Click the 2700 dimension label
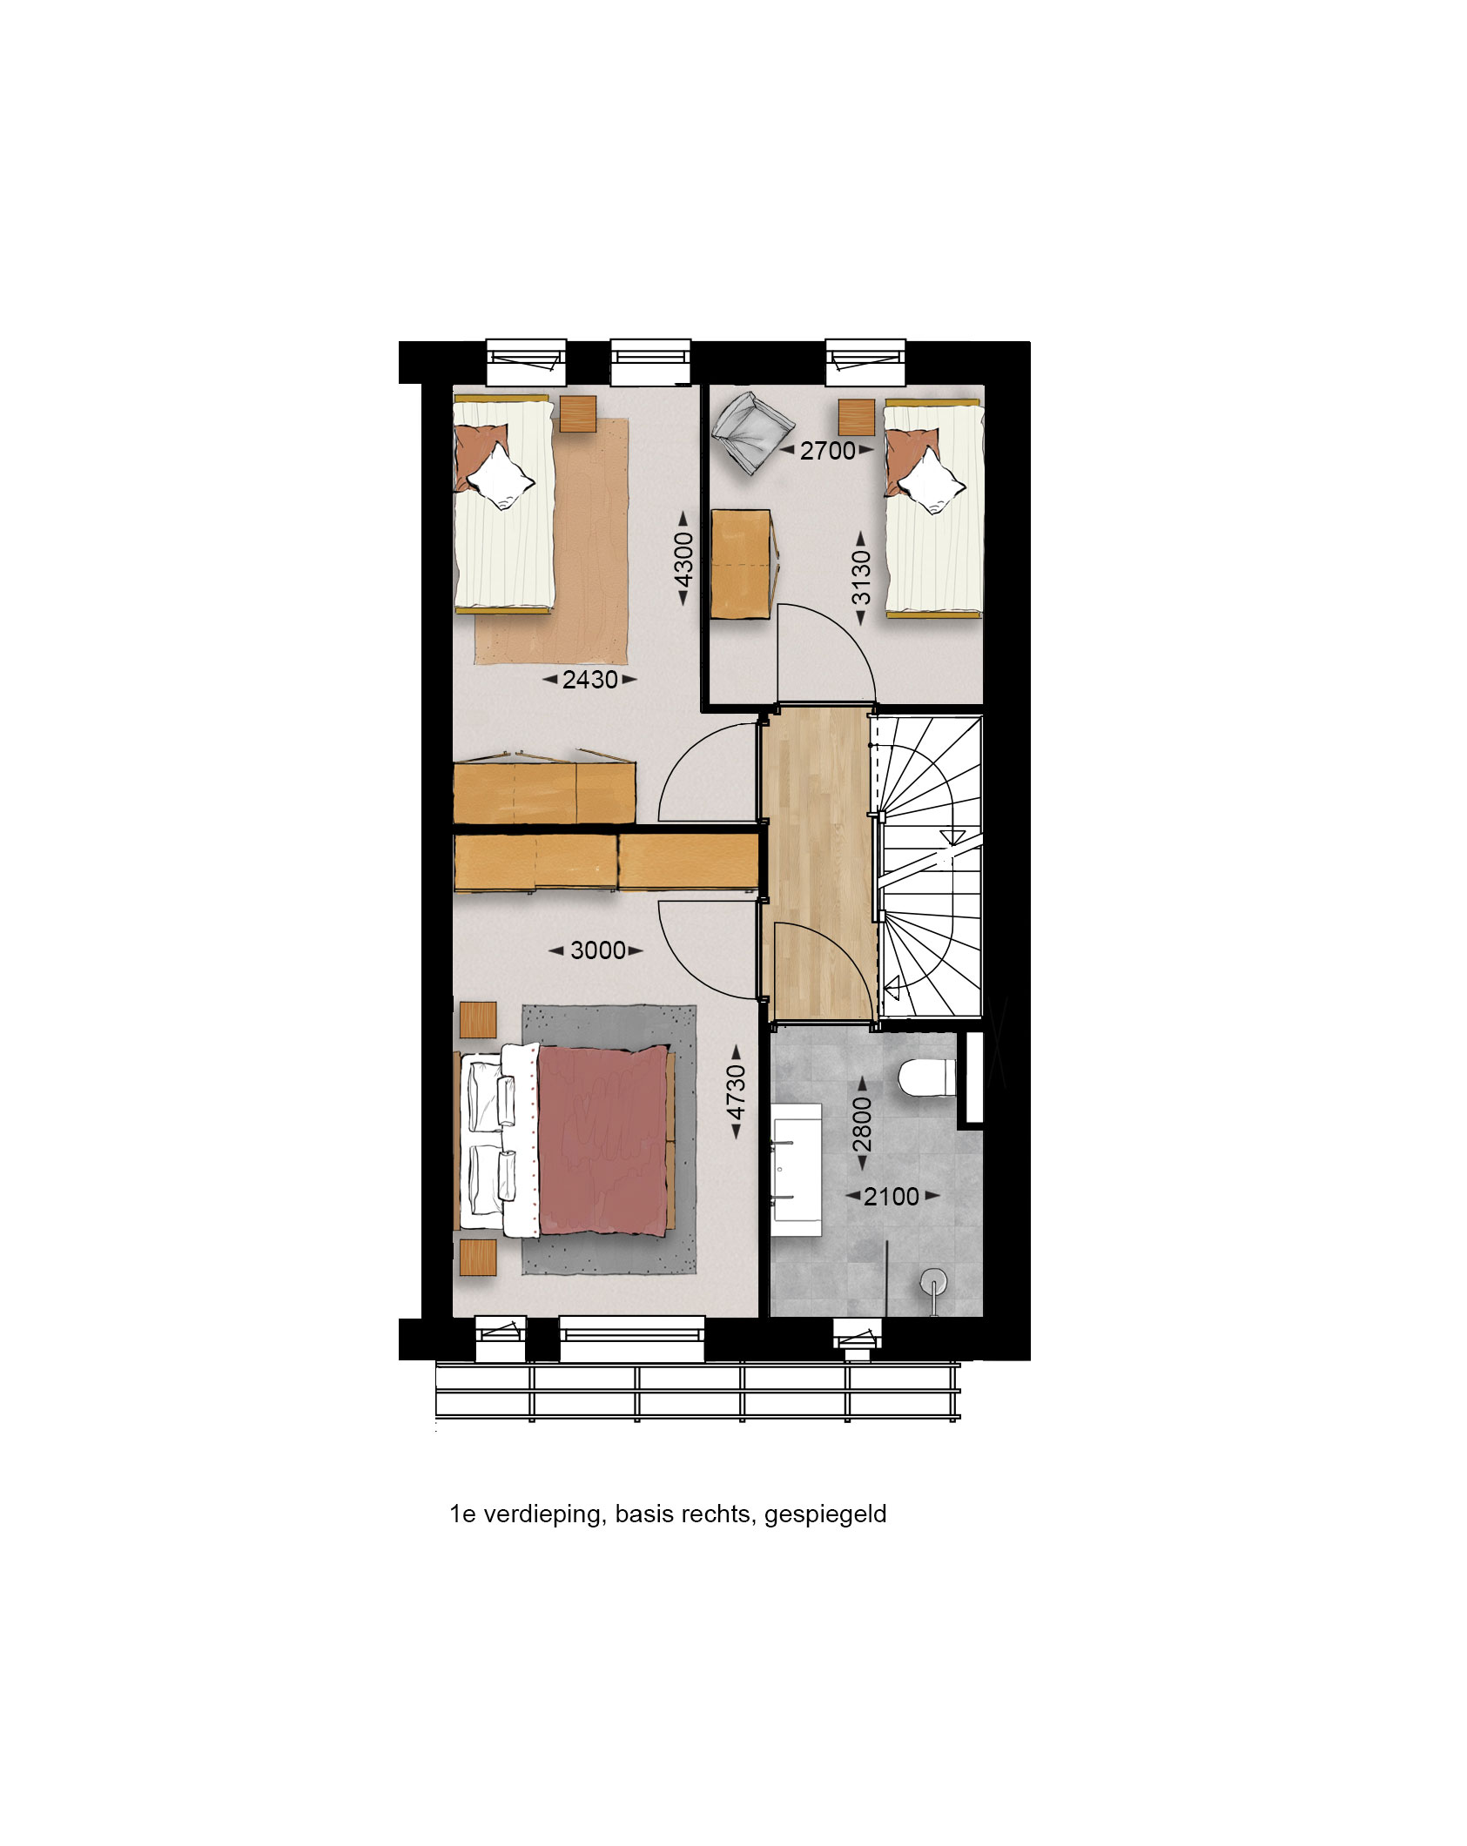pos(827,451)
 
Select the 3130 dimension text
pos(861,578)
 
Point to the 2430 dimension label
pos(589,680)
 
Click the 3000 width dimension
pos(597,950)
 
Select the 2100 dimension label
pos(892,1197)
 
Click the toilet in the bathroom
pos(925,1077)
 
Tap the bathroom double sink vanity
pos(796,1169)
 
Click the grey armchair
pos(752,430)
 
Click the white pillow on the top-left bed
pos(499,475)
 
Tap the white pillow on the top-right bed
pos(932,481)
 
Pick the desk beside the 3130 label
pos(741,564)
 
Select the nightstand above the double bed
pos(478,1019)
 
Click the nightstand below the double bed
pos(478,1258)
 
